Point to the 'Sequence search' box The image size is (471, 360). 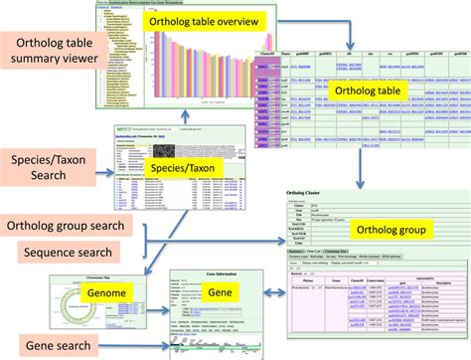[67, 254]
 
